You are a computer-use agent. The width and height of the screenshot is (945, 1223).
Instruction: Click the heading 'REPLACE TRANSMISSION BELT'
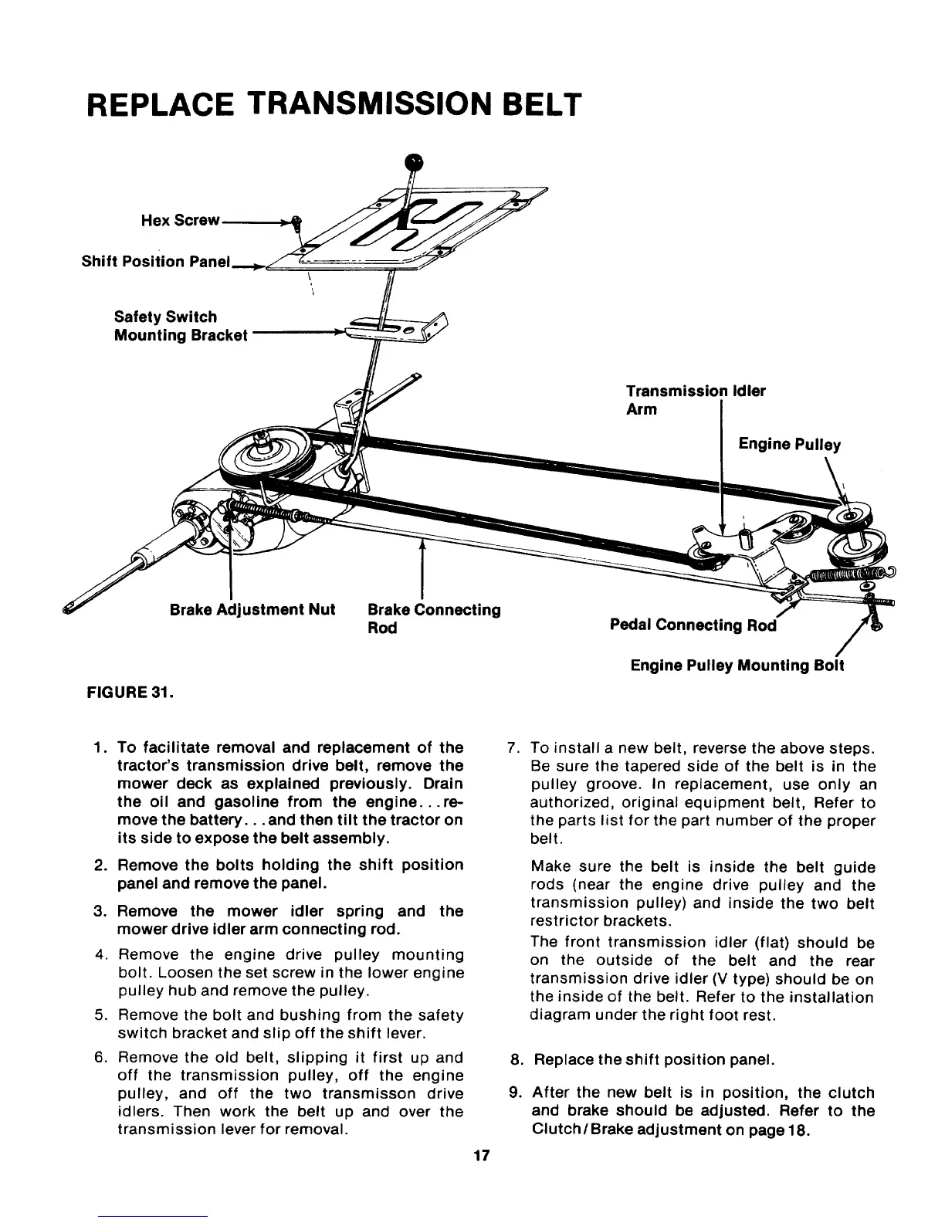click(x=333, y=104)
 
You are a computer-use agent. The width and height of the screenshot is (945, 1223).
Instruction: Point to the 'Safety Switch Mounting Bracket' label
click(x=181, y=326)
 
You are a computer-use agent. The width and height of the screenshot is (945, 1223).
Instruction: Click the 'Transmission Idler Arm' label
click(x=695, y=400)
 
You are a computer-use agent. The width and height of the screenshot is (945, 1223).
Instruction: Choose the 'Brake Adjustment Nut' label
click(x=252, y=610)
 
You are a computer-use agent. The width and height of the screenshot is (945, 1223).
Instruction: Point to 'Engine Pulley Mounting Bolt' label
click(x=737, y=665)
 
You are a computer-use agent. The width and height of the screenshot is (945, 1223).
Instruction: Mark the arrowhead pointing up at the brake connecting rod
click(x=422, y=545)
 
